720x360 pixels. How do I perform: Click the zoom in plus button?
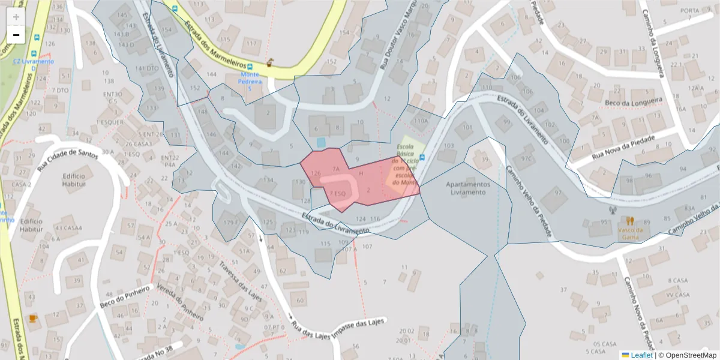click(16, 17)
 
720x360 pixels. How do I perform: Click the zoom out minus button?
click(16, 35)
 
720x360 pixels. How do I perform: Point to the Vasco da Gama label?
click(630, 233)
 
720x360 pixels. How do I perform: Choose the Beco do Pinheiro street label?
click(124, 296)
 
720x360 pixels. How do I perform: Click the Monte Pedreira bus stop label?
click(250, 81)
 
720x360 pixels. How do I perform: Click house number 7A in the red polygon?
click(336, 170)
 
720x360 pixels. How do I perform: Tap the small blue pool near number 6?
click(321, 142)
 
